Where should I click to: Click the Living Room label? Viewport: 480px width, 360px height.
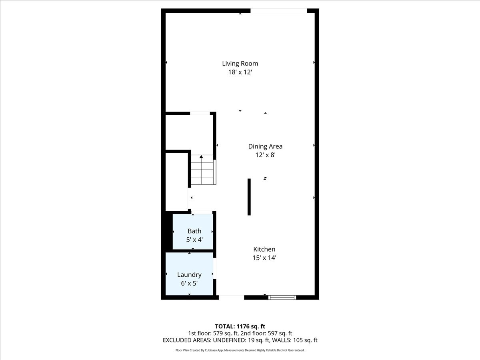coord(240,63)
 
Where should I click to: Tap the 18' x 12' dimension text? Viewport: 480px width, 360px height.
coord(240,72)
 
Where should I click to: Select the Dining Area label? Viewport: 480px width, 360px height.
coord(265,146)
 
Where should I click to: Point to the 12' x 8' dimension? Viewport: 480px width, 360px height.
coord(265,155)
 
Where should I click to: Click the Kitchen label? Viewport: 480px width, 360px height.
coord(264,249)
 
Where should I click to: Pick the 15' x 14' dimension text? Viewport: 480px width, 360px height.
coord(264,258)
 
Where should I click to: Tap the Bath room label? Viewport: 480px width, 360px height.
coord(194,231)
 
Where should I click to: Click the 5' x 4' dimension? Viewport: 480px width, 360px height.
coord(194,240)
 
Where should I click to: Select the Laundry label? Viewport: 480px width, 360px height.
coord(189,275)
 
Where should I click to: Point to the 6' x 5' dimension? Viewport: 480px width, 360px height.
coord(189,283)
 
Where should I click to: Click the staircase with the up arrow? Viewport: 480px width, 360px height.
coord(203,170)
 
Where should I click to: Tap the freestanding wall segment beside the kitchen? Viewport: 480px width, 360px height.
coord(249,197)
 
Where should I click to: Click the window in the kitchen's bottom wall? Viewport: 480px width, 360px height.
coord(282,297)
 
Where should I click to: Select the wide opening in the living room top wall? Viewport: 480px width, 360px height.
coord(278,11)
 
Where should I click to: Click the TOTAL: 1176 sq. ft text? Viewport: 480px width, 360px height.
coord(240,326)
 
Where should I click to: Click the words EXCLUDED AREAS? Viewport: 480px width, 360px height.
coord(184,340)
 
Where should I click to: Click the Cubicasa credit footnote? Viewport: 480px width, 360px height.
coord(240,350)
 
